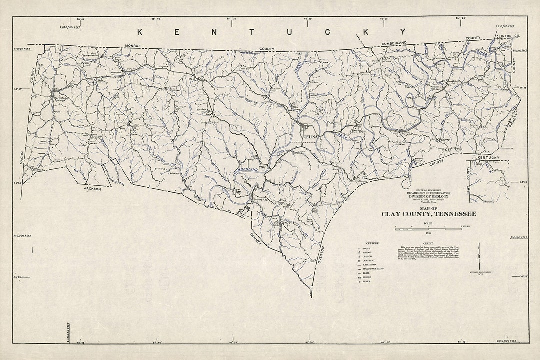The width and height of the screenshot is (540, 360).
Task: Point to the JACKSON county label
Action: (x=92, y=189)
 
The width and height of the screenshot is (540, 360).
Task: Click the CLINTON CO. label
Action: (x=508, y=37)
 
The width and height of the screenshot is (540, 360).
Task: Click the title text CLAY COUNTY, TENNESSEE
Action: (x=429, y=214)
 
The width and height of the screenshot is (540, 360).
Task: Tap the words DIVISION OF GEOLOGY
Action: (x=428, y=196)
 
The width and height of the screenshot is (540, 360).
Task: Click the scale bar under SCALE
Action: (x=428, y=228)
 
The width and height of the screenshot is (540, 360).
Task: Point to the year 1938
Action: (x=428, y=233)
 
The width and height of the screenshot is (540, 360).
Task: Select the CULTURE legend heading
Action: (x=372, y=243)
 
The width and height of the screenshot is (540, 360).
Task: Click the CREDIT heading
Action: (x=428, y=243)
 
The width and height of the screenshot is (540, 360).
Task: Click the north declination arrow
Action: (x=478, y=255)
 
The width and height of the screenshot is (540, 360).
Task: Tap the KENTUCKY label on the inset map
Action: (x=488, y=158)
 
